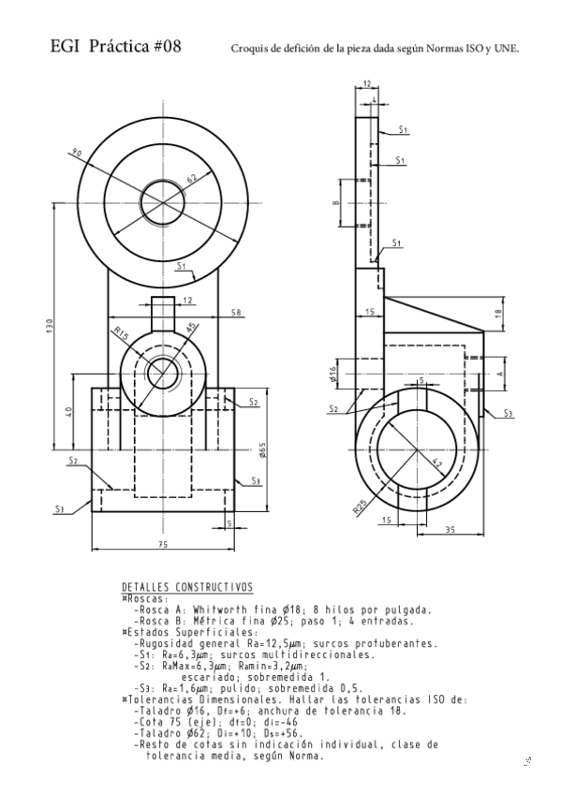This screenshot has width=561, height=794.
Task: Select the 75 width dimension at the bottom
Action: click(161, 544)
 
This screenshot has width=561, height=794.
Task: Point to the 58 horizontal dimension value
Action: click(236, 311)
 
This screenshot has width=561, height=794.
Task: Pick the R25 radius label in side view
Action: click(360, 507)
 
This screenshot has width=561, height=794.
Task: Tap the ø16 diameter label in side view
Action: click(333, 375)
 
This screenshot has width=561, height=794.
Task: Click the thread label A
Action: click(499, 372)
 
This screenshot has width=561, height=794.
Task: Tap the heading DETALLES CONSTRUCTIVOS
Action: click(187, 588)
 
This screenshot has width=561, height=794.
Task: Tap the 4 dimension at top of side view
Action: click(374, 98)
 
